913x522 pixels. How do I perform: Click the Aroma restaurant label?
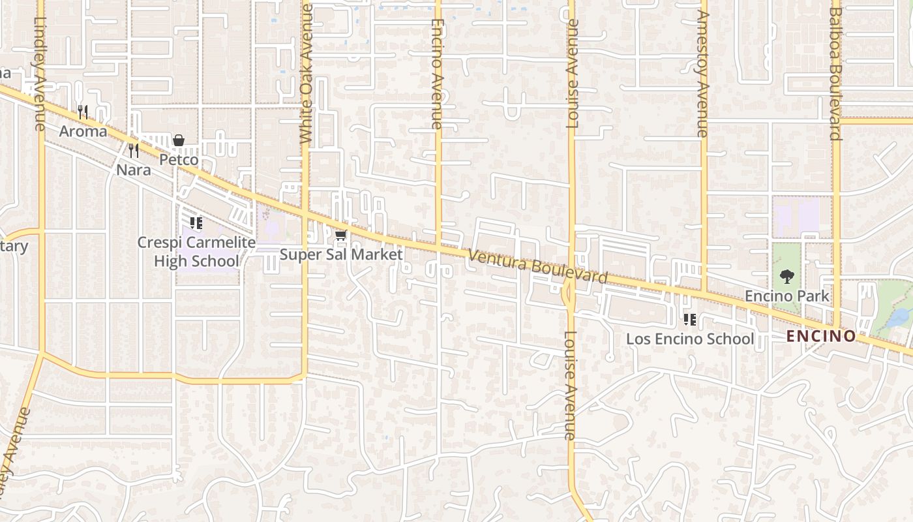click(x=83, y=131)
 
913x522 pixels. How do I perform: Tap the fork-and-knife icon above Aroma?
click(x=83, y=112)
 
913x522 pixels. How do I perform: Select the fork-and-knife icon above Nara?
click(x=134, y=151)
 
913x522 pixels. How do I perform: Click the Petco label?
click(x=179, y=159)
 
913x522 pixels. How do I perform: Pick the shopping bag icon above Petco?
click(x=179, y=140)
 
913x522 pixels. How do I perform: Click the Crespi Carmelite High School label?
click(x=196, y=252)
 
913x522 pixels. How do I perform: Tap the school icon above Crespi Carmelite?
click(x=196, y=223)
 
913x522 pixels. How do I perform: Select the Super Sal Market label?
click(x=341, y=254)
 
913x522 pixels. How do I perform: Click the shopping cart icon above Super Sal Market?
click(x=340, y=235)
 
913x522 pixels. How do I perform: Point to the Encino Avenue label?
click(x=438, y=73)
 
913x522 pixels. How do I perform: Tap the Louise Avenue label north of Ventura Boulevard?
click(x=573, y=78)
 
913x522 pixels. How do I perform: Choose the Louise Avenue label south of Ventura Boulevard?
click(x=570, y=385)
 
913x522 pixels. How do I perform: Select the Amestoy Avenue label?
click(x=703, y=73)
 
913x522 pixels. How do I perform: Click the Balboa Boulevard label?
click(x=835, y=73)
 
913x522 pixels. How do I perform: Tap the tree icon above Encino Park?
click(x=787, y=276)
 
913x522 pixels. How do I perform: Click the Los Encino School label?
click(x=690, y=339)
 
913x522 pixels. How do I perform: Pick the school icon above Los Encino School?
click(x=689, y=320)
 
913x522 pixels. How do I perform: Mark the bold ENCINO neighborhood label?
click(x=821, y=337)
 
